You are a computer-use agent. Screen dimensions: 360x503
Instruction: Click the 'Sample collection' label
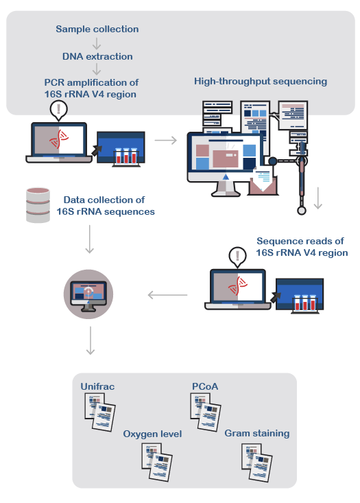pos(97,30)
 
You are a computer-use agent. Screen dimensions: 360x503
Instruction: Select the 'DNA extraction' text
pos(97,56)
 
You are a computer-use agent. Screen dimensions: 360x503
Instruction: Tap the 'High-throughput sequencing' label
pos(261,82)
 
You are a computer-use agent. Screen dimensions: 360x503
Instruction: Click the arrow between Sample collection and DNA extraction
pos(97,43)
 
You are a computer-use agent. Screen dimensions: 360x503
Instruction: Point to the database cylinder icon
pos(38,205)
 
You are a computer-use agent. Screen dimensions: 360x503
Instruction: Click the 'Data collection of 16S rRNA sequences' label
pos(106,206)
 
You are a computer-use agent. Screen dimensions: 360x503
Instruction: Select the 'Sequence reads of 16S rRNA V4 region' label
pos(302,246)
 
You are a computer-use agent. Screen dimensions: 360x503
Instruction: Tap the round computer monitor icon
pos(88,294)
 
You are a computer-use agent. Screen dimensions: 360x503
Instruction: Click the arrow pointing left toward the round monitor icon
pos(168,295)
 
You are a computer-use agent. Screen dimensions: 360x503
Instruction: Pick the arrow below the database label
pos(89,239)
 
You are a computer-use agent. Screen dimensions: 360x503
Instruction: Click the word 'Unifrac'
pos(97,386)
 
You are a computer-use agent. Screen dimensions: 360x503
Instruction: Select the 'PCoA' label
pos(205,386)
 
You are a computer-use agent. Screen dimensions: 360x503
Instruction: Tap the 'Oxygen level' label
pos(152,434)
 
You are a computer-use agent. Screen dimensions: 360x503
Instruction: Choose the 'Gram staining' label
pos(257,434)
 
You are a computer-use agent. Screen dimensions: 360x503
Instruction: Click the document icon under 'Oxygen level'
pos(157,463)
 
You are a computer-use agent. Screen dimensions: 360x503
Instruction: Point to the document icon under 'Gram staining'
pos(256,463)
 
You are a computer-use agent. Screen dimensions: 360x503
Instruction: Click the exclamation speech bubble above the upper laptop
pos(59,110)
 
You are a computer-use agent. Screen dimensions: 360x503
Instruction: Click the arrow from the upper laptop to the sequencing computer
pos(166,140)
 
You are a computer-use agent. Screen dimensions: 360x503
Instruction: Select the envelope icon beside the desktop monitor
pos(263,181)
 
